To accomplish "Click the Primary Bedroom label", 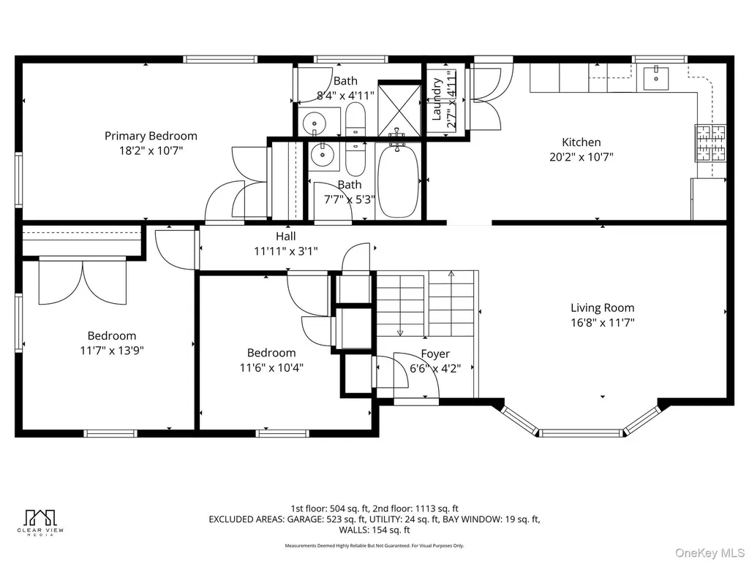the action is point(151,136).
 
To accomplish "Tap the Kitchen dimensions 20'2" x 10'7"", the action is point(581,157).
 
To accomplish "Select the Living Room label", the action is point(603,308).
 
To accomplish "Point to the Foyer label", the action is point(435,354).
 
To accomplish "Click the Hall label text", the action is point(286,236).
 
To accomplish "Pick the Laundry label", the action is point(437,99).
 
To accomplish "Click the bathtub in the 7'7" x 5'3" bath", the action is point(399,181).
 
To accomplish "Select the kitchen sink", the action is point(656,78).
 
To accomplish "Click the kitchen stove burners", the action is point(711,143).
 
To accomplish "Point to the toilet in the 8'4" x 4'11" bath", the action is point(355,119).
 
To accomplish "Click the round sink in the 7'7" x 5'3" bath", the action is point(323,155).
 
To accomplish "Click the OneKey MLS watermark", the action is point(709,553).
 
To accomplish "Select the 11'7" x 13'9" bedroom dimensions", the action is point(112,351).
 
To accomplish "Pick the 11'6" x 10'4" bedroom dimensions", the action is point(271,368).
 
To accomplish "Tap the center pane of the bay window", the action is point(581,433).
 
